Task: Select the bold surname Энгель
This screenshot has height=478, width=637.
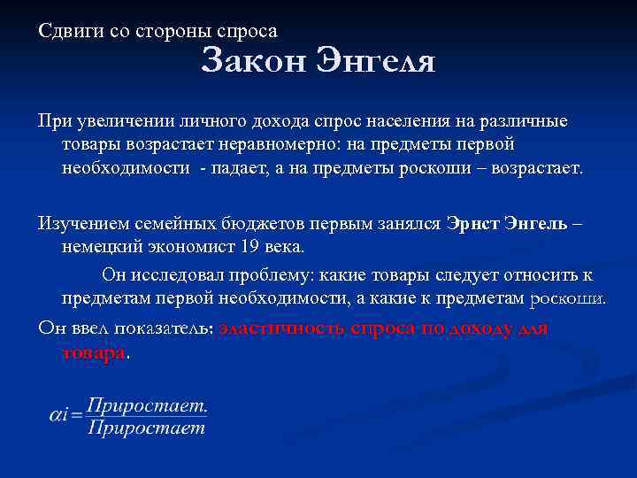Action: (534, 224)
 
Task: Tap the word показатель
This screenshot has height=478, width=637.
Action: (162, 328)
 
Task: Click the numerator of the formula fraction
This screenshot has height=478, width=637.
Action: (147, 405)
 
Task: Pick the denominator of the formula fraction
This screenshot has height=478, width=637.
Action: (147, 428)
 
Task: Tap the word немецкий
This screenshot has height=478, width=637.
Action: (100, 247)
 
